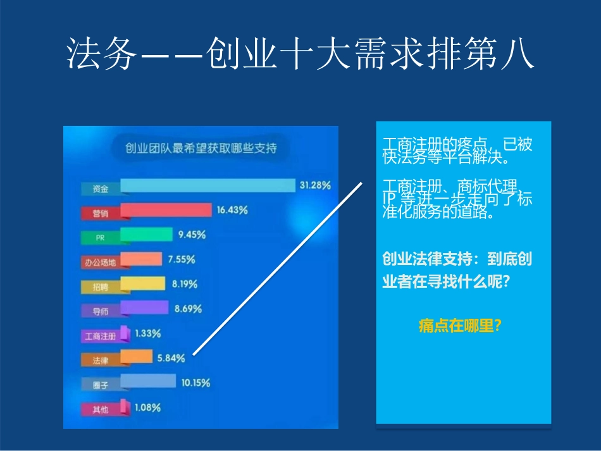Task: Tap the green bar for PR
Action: [x=146, y=235]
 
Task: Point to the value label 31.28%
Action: [x=315, y=185]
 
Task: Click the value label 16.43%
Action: [x=232, y=210]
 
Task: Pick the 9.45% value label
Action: [x=192, y=235]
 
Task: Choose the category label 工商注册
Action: [x=100, y=336]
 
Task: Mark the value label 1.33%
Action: [x=147, y=333]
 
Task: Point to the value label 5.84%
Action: [x=171, y=358]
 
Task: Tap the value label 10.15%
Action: [x=195, y=383]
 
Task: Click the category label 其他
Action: [x=100, y=410]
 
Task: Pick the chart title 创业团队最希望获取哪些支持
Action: [x=201, y=149]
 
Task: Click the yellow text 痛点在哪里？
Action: [x=460, y=326]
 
